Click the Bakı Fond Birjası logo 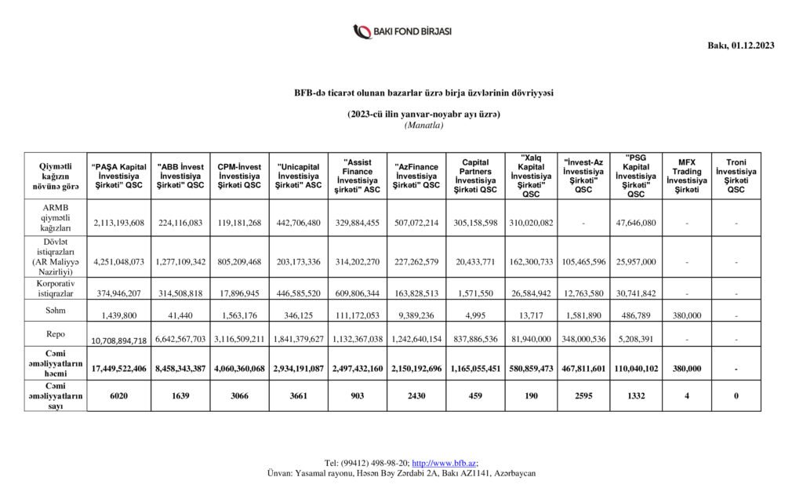(401, 32)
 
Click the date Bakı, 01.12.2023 (741, 46)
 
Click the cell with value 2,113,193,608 (118, 222)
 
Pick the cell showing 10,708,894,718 (118, 341)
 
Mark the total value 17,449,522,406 (118, 368)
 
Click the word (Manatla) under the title (423, 126)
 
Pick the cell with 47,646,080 (636, 222)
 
